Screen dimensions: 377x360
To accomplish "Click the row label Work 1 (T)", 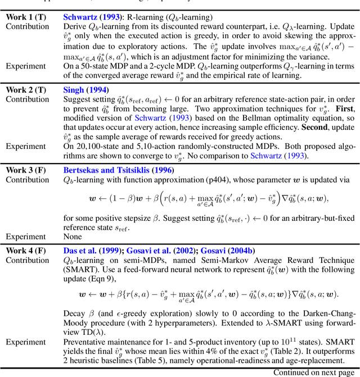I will click(x=26, y=17).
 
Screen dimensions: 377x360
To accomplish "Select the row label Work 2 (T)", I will click(x=26, y=90).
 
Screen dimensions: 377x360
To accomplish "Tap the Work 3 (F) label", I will click(x=26, y=170).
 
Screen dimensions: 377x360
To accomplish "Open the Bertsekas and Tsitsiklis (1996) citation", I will click(x=119, y=170).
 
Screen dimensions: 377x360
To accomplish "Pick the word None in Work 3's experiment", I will click(x=74, y=237).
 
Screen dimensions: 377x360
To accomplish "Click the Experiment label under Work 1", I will click(x=26, y=66).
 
